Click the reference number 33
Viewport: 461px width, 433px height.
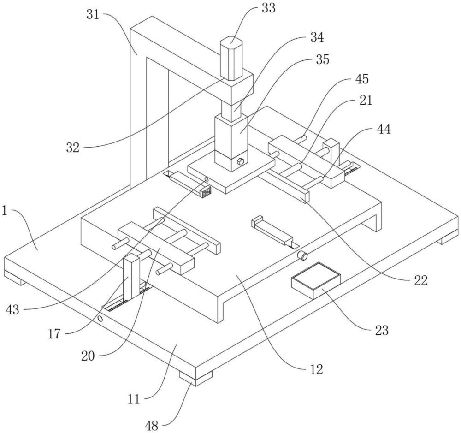click(268, 8)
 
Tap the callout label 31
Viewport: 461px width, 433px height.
click(93, 14)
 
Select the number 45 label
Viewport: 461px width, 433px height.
click(361, 79)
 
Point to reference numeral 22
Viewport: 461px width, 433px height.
click(420, 281)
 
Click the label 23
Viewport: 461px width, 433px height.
click(382, 331)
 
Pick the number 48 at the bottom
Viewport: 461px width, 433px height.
click(151, 426)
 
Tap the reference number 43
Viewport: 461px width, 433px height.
click(12, 310)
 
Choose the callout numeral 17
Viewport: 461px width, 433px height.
click(54, 334)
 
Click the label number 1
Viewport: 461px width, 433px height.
click(5, 211)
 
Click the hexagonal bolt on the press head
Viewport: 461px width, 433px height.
click(240, 161)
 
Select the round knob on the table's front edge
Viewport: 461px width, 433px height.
click(302, 255)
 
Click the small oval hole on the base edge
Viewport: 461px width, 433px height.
click(100, 319)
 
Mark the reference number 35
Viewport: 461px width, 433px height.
click(323, 59)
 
